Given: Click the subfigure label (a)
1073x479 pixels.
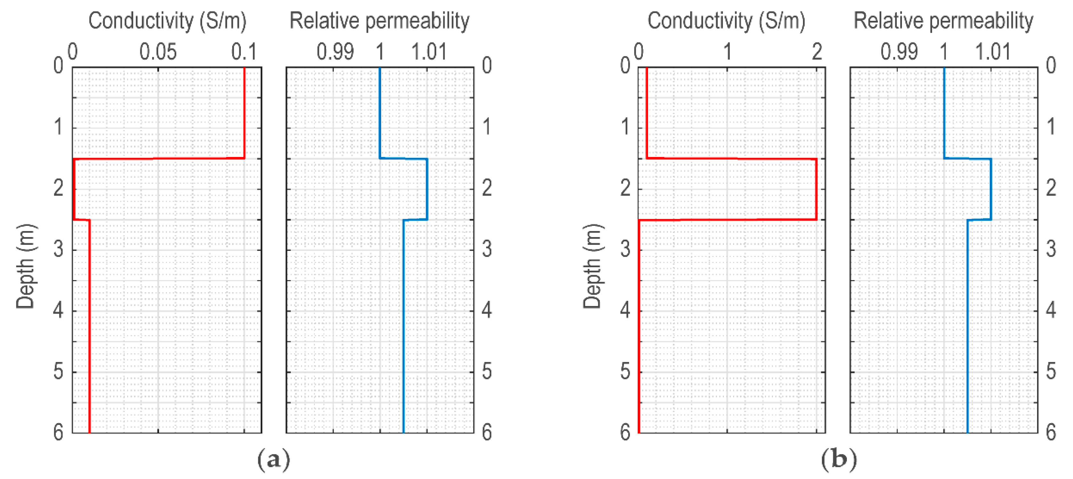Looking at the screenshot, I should [x=273, y=459].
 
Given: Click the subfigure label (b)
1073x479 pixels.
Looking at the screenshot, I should [x=839, y=459].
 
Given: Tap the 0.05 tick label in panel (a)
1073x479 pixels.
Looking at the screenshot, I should [x=158, y=52].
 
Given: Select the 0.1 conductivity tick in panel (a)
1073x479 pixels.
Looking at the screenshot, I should [x=244, y=52].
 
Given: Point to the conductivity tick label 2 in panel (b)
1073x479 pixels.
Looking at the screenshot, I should [x=817, y=52].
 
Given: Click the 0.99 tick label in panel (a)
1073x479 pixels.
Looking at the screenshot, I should [x=335, y=52].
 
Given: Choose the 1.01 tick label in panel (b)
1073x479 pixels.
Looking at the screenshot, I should [x=993, y=52].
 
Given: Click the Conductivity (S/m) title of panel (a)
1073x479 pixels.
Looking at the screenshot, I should [x=168, y=21].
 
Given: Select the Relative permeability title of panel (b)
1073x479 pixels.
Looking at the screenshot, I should [x=944, y=21].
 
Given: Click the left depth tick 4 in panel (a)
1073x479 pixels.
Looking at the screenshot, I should [x=58, y=310].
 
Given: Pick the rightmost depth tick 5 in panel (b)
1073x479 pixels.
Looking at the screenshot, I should [x=1051, y=371].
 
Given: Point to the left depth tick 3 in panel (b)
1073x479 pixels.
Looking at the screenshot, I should [x=625, y=249].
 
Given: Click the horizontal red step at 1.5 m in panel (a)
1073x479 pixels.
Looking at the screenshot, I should [x=158, y=159].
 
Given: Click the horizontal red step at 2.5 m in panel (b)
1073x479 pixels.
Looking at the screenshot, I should [x=727, y=219].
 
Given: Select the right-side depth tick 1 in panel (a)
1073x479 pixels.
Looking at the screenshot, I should [x=487, y=127].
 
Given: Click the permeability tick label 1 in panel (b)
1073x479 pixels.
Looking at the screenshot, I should [x=944, y=52].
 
